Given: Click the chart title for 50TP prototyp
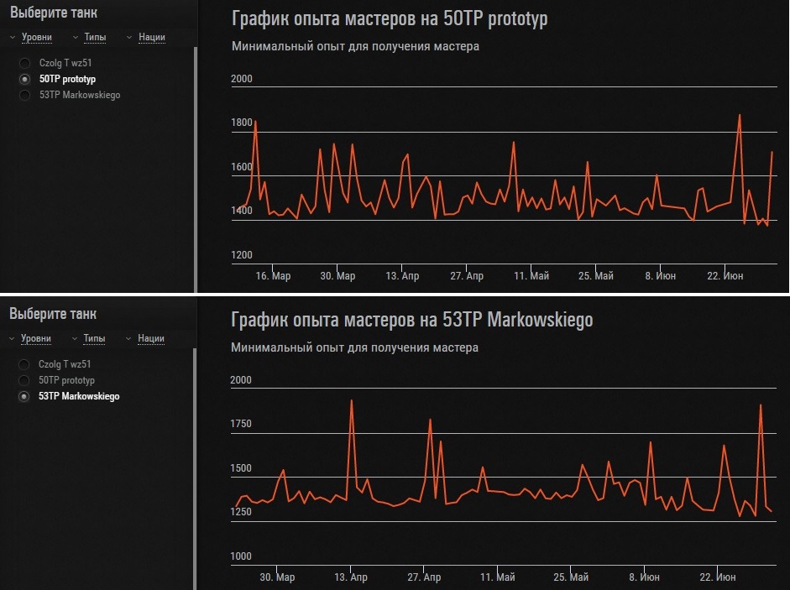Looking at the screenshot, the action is point(389,18).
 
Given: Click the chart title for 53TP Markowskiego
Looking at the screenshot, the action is point(411,320).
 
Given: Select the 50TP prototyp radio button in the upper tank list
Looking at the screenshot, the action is point(24,79).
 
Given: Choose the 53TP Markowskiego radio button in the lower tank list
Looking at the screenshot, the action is point(24,396).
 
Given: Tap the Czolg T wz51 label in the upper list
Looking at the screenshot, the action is point(65,63).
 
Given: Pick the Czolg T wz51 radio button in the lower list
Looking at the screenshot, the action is point(24,364).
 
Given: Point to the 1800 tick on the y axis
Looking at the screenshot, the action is point(241,123).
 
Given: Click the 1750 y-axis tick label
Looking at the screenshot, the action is point(241,424).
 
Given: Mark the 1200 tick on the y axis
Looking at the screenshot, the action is point(241,255).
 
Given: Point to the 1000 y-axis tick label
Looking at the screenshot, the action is point(241,556).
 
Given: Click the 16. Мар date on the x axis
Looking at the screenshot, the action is point(273,276).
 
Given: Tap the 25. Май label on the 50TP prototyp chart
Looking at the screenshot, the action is point(595,276).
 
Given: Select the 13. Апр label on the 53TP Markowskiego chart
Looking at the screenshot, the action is point(351,577).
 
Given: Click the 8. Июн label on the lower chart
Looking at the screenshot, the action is point(644,577).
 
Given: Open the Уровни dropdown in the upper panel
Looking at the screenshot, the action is point(36,37).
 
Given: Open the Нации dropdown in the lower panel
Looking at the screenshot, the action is point(151,338).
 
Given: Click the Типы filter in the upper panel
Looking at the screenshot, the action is point(95,37).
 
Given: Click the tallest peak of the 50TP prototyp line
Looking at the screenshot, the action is point(740,115).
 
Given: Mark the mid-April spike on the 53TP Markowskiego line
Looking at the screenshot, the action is point(351,401).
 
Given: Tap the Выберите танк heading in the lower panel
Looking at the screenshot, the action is point(53,315).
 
